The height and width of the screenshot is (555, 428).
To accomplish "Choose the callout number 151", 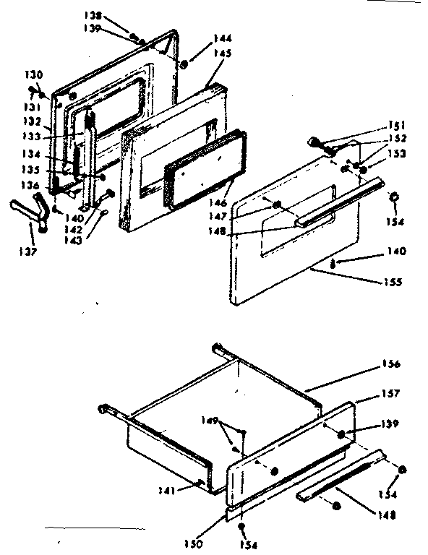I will pos(396,124).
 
